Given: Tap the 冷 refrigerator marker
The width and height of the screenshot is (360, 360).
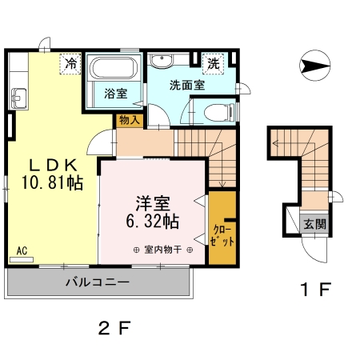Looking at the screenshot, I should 71,62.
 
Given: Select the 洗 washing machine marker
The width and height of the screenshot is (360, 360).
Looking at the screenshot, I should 214,62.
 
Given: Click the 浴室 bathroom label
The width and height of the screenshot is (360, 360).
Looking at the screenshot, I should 116,93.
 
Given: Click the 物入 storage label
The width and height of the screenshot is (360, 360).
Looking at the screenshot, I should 129,120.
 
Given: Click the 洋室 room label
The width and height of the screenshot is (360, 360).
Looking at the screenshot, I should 151,202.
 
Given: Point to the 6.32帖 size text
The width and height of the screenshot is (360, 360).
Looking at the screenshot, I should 151,219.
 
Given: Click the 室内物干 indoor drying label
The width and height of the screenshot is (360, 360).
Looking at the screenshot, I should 162,250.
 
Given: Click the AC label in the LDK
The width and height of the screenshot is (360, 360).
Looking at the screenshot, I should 22,250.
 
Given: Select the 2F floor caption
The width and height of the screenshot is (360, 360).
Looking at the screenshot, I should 114,327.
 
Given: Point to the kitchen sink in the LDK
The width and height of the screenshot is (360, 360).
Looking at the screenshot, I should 20,99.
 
